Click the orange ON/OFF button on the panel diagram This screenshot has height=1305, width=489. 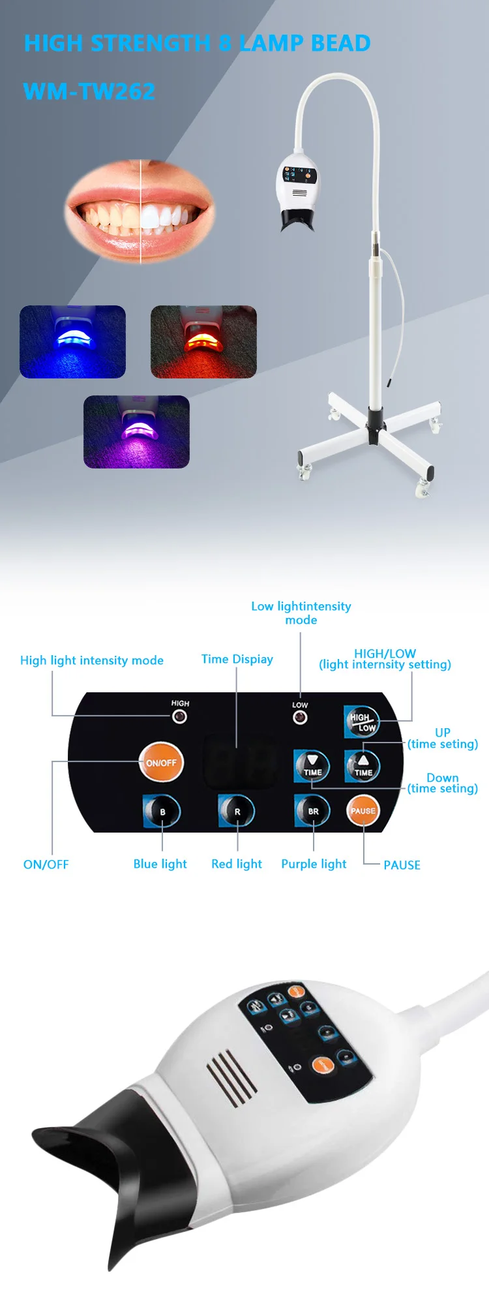tap(161, 762)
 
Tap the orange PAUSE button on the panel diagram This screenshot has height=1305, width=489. tap(363, 811)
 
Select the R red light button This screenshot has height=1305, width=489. tap(237, 811)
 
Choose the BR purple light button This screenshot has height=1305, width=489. tap(313, 811)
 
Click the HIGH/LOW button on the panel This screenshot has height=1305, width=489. tap(362, 722)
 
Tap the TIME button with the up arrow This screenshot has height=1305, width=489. tap(363, 765)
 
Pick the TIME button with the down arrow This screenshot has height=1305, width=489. tap(312, 765)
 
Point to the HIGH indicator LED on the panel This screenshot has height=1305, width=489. tap(179, 716)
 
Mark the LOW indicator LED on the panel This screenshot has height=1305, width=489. tap(300, 718)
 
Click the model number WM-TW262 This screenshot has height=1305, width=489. tap(89, 91)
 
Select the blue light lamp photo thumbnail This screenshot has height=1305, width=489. tap(72, 341)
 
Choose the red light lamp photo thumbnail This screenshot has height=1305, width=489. tap(203, 341)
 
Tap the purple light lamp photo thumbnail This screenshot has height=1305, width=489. tap(136, 431)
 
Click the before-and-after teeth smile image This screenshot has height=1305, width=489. tap(140, 211)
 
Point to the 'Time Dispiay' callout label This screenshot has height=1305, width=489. tap(237, 659)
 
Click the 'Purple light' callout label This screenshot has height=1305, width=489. tap(314, 864)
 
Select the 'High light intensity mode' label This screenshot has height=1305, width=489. tap(92, 660)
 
